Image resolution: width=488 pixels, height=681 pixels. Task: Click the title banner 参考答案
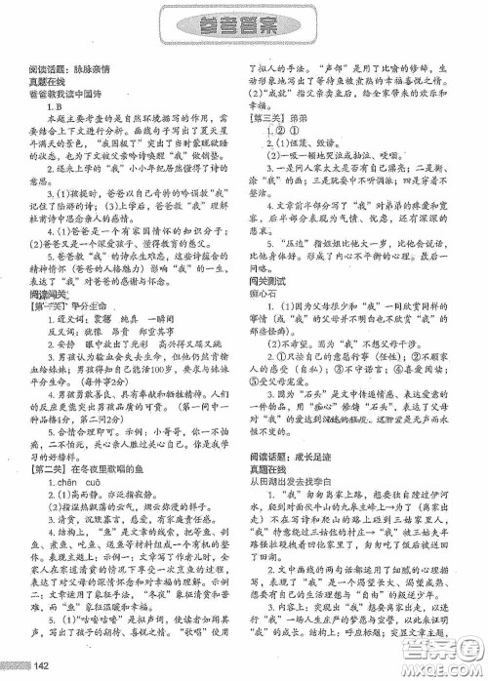tap(243, 26)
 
